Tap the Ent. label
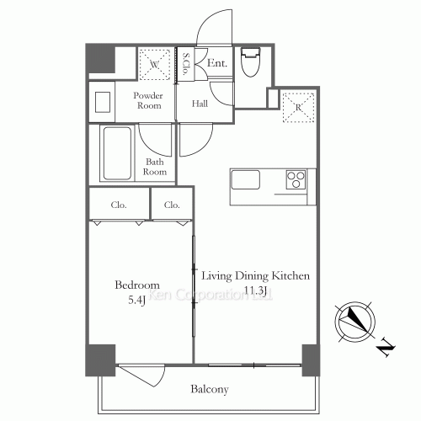[216, 63]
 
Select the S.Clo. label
[185, 65]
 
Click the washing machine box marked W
[155, 62]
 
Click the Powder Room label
[148, 101]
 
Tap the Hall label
[200, 104]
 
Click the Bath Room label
[155, 166]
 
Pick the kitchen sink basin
[245, 180]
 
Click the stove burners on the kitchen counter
[296, 180]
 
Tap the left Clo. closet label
[119, 205]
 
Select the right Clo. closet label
[173, 205]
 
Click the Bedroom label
[137, 285]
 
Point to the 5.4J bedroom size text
[137, 299]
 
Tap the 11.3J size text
[255, 291]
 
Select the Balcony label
[210, 390]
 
